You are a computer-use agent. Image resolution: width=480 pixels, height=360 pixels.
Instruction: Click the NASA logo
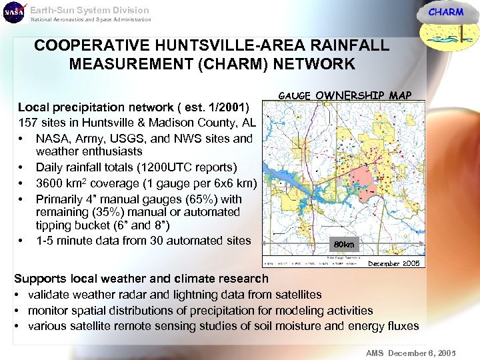tap(14, 13)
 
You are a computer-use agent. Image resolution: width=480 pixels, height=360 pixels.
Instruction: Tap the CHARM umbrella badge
tap(446, 19)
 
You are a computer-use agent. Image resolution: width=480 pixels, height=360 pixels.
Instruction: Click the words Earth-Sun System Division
tap(89, 10)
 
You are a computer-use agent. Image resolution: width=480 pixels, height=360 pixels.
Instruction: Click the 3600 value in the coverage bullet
tap(50, 183)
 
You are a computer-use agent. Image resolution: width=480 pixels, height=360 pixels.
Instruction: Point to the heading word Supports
tap(40, 279)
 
